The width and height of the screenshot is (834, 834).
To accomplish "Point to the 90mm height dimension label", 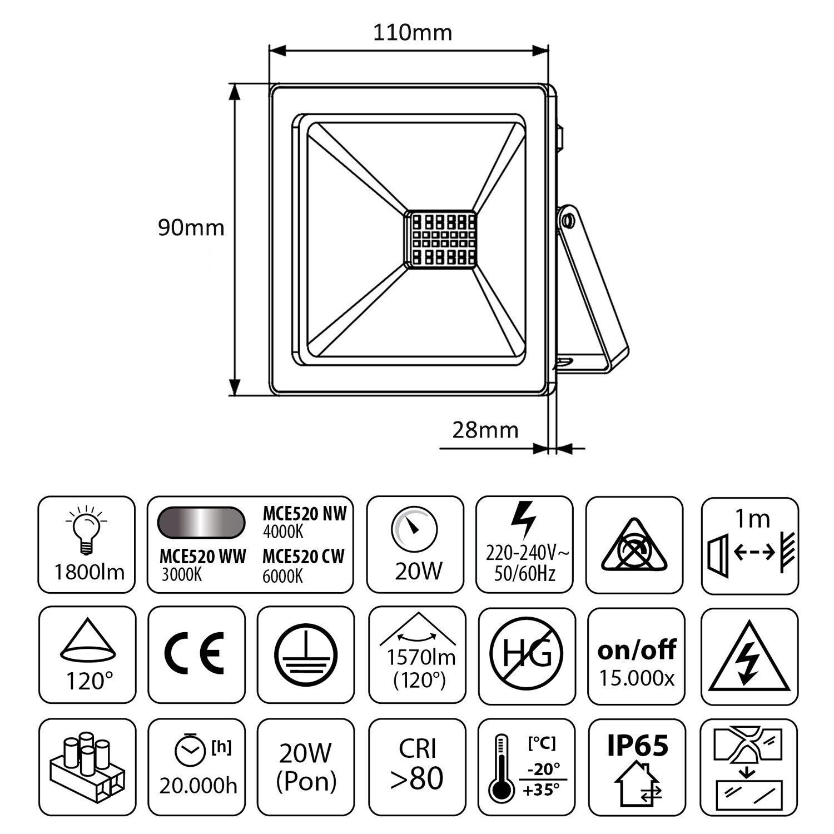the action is (x=191, y=228).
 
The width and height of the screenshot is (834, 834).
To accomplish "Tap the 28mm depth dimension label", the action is (x=485, y=430).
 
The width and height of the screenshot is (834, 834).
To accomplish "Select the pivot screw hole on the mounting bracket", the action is (x=567, y=221).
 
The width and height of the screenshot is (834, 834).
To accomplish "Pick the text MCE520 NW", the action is (x=305, y=514).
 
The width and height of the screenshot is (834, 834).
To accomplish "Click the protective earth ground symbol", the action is (x=305, y=655).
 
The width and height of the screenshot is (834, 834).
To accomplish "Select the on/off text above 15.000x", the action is (x=637, y=649).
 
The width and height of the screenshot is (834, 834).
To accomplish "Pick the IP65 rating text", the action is (x=637, y=745).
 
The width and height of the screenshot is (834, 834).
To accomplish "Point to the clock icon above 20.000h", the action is (x=190, y=751).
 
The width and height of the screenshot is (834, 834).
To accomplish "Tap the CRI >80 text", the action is (x=417, y=763).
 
